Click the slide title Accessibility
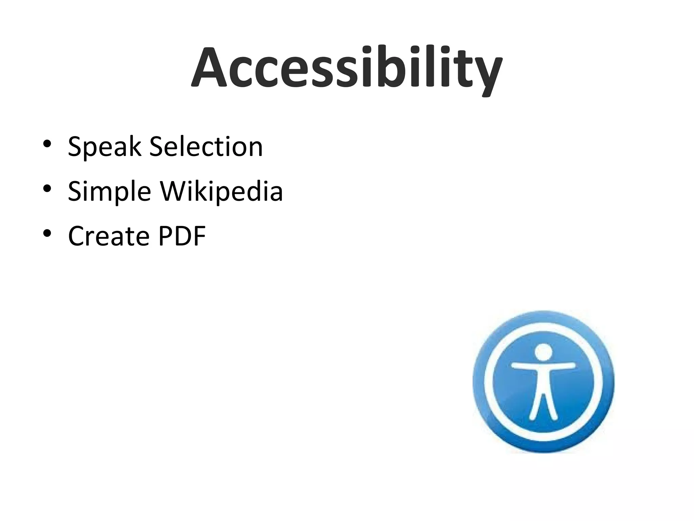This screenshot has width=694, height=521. click(346, 68)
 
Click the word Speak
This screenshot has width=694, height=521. click(104, 147)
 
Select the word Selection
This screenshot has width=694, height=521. click(206, 147)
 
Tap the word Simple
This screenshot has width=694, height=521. click(109, 192)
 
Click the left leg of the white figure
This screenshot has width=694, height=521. click(535, 407)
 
